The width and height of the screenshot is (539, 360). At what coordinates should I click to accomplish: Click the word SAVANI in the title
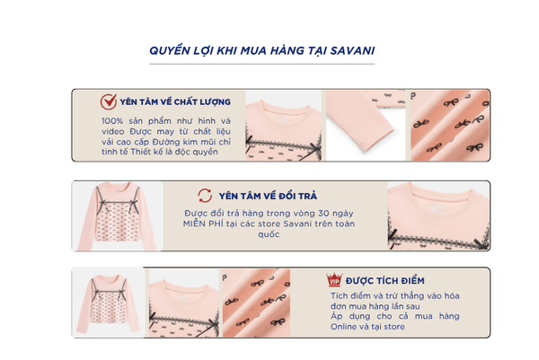pos(352,50)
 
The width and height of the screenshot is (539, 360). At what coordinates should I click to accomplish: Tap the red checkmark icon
pos(109,101)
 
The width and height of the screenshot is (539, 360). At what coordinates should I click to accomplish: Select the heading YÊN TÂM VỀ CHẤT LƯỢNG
pos(175,101)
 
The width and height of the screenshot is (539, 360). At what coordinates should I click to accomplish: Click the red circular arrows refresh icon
pos(205,196)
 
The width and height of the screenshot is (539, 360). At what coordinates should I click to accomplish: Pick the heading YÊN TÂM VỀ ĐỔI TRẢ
pos(268,196)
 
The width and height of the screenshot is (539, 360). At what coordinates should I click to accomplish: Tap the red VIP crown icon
pos(334,279)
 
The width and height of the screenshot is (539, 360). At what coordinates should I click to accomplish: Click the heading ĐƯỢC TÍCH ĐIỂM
pos(385,281)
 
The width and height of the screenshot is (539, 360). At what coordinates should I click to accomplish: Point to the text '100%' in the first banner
pos(112,121)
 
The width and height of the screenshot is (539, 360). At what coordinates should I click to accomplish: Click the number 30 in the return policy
pos(323,214)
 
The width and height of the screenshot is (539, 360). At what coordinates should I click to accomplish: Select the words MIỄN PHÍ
pos(203,224)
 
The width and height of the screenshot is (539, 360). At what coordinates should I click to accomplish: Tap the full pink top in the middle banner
pos(117,216)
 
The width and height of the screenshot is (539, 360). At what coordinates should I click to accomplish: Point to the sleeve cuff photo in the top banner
pos(365,126)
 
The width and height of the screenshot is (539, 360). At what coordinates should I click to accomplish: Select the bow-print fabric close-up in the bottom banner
pos(256,303)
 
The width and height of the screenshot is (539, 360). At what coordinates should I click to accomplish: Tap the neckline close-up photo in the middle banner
pos(438,216)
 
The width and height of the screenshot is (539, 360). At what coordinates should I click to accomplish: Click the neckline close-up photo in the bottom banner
pos(183,303)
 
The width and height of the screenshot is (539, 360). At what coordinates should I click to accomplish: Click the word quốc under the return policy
pos(269,234)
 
